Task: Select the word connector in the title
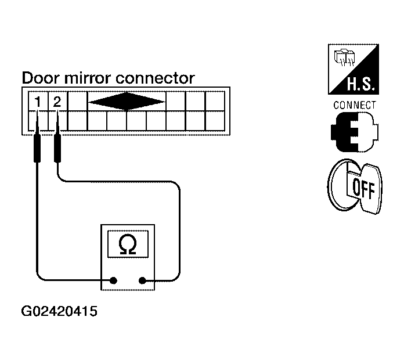(x=156, y=78)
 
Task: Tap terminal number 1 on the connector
(x=38, y=102)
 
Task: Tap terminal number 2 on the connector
(x=57, y=102)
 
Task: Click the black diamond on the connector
(x=127, y=102)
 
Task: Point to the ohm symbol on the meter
(x=128, y=244)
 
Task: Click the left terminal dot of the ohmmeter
(x=113, y=280)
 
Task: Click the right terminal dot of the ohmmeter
(x=142, y=280)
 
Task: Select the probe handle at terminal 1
(x=37, y=148)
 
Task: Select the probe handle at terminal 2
(x=57, y=148)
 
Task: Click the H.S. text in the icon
(x=360, y=84)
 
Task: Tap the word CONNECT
(x=355, y=105)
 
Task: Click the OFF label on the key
(x=363, y=188)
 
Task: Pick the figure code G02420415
(x=59, y=311)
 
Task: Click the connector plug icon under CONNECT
(x=355, y=132)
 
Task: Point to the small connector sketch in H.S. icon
(x=344, y=57)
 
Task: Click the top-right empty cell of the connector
(x=215, y=101)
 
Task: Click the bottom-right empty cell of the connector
(x=215, y=121)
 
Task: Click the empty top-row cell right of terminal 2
(x=77, y=101)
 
